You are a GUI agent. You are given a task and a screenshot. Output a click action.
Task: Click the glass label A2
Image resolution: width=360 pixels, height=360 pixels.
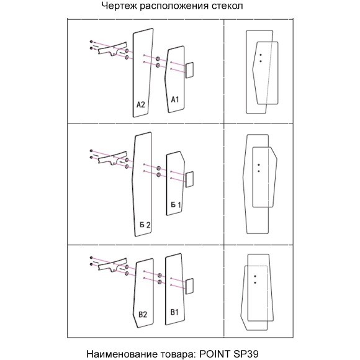click(x=141, y=105)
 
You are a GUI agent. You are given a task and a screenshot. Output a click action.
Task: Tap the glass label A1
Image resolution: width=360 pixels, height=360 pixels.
click(x=175, y=99)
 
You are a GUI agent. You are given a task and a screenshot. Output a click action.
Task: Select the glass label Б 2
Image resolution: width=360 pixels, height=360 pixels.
click(x=145, y=225)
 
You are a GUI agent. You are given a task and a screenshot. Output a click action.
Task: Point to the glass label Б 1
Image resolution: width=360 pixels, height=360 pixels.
click(x=176, y=205)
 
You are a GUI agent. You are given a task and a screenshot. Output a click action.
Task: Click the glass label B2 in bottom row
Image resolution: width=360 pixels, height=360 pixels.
click(x=143, y=314)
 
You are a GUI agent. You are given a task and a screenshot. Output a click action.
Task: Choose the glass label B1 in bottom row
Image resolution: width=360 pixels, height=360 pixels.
click(x=174, y=312)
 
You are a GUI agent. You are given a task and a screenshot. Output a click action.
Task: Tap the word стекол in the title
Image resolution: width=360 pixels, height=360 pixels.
click(x=227, y=6)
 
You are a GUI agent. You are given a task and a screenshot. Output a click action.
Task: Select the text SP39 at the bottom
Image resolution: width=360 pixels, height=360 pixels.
click(x=246, y=354)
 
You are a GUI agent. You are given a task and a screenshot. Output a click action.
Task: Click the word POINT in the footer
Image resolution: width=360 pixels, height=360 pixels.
click(x=215, y=354)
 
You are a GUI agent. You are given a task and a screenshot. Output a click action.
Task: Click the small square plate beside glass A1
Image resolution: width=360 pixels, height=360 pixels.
click(x=189, y=70)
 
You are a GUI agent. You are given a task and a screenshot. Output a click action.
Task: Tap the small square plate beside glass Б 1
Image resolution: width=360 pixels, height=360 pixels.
click(x=189, y=179)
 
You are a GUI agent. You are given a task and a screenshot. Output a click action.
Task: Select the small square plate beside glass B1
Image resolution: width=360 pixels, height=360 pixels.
click(x=189, y=286)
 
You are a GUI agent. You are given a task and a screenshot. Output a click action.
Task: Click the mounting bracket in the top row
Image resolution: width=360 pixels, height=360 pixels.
click(x=112, y=49)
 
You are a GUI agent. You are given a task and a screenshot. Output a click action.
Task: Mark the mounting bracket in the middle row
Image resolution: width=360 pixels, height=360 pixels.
click(x=112, y=158)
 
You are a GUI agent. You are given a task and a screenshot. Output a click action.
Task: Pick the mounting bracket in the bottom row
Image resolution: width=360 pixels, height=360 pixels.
click(x=112, y=265)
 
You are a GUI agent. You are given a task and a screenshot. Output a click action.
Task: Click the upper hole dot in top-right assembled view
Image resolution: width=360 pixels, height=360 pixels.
click(x=260, y=55)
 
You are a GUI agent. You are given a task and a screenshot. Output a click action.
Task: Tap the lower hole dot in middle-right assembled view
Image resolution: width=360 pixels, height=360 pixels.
click(x=259, y=171)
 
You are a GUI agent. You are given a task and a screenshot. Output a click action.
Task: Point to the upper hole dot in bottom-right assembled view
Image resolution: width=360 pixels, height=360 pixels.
click(x=255, y=276)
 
